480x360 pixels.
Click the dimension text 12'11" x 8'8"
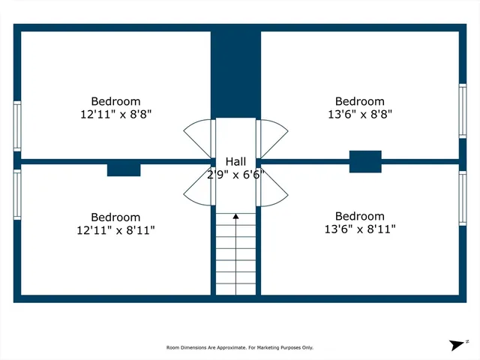pos(115,115)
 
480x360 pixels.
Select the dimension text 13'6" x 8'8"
pos(359,115)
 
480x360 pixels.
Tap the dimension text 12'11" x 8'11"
pos(115,230)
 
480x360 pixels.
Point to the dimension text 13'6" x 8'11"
pos(359,230)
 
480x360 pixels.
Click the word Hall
pos(235,162)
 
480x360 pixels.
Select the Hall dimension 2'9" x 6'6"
pos(235,175)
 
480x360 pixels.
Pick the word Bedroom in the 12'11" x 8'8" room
pos(115,101)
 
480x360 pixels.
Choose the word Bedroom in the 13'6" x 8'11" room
pos(359,216)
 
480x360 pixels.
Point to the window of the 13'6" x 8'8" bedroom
pos(463,109)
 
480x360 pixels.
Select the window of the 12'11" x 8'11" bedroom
pos(16,194)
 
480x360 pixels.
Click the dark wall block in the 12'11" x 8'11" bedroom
pos(124,170)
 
